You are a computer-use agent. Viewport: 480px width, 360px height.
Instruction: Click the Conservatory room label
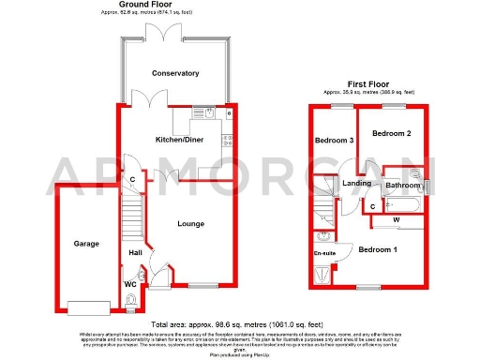tap(175, 73)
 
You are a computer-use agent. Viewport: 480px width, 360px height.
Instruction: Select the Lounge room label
tap(190, 223)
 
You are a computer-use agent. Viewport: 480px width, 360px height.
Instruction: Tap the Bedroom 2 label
tap(391, 134)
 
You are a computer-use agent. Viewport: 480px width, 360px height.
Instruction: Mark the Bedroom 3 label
tap(335, 141)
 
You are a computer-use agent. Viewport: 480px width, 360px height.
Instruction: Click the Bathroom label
tap(404, 186)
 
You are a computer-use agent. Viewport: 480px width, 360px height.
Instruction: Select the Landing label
tap(356, 183)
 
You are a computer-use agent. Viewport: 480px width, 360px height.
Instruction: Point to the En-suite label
tap(324, 254)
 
